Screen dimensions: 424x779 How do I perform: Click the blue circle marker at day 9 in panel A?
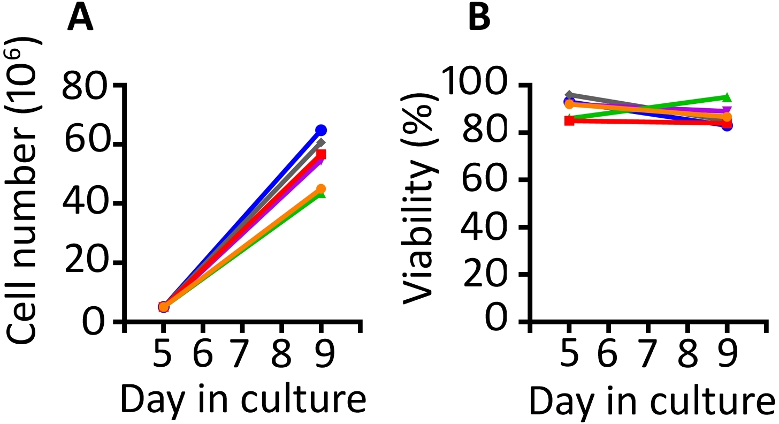(x=321, y=130)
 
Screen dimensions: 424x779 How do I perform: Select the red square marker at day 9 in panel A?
(x=321, y=155)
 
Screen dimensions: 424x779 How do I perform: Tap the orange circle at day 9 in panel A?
(x=321, y=189)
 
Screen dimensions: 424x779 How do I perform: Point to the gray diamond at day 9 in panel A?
(x=321, y=142)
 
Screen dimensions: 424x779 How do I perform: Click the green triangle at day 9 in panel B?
(x=727, y=97)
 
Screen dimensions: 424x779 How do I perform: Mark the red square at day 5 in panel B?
(x=570, y=120)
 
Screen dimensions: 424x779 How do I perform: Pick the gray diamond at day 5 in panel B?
(x=570, y=95)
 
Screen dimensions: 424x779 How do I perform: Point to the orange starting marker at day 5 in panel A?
(x=164, y=307)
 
